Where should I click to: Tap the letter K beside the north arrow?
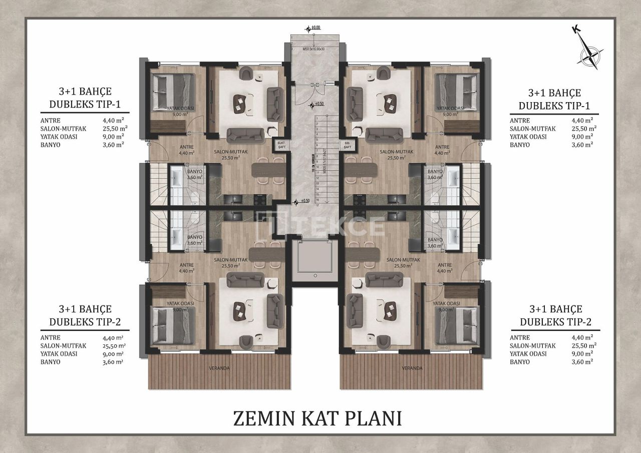[x=576, y=30]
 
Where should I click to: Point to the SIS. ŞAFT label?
[x=348, y=145]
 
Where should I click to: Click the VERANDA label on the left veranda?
[x=219, y=368]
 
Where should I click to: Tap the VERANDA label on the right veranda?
[x=412, y=368]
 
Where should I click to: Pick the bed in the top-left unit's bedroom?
[x=173, y=90]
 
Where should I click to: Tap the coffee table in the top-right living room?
[x=389, y=102]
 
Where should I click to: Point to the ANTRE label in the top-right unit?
[x=442, y=147]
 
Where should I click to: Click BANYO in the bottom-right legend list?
[x=519, y=361]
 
